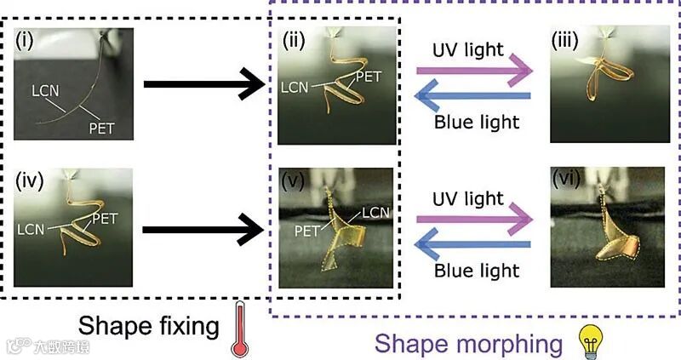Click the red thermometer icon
point(235,331)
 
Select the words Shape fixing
point(148,325)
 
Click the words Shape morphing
point(468,343)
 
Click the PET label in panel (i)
point(104,129)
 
